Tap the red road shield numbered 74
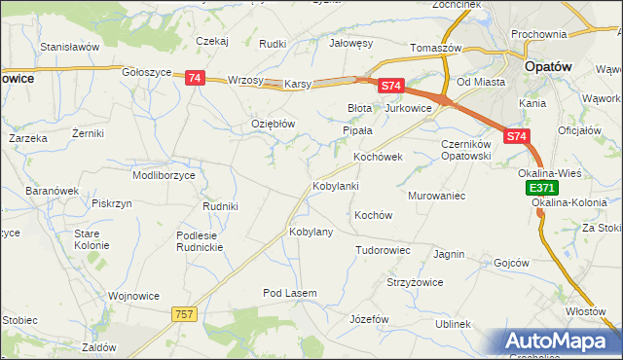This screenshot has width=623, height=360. (x=195, y=78)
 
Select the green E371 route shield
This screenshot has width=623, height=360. (x=541, y=188)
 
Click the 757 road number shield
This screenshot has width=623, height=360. (x=185, y=313)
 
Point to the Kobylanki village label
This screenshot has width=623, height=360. (x=336, y=186)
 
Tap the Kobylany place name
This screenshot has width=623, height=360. (x=311, y=233)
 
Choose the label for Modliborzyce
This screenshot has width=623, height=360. (x=164, y=175)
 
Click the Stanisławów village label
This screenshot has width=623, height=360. (x=69, y=46)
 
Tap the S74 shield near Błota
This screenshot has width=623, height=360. (x=390, y=86)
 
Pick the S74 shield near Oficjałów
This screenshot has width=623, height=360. (x=518, y=138)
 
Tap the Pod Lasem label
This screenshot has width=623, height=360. (x=290, y=293)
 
